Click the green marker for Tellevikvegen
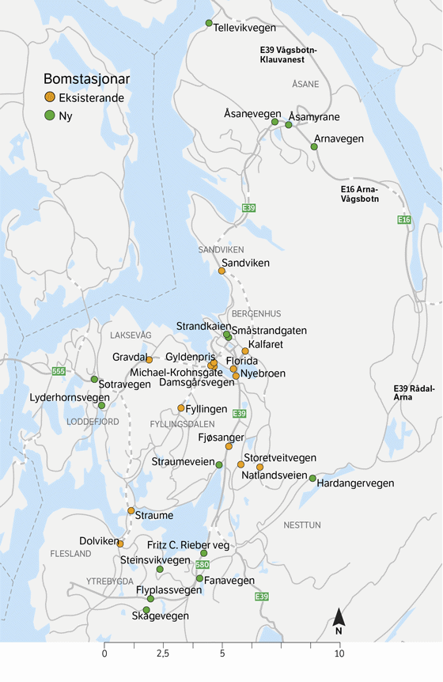[x=209, y=23]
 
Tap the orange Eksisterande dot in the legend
[x=49, y=97]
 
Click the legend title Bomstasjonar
[x=86, y=79]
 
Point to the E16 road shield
[x=404, y=219]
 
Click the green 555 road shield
[x=58, y=371]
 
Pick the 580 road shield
[x=203, y=565]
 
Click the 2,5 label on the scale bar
[x=163, y=654]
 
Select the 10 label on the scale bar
[x=339, y=654]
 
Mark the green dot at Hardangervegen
[x=312, y=478]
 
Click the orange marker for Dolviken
[x=120, y=544]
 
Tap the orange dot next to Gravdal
[x=149, y=359]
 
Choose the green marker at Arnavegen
[x=314, y=146]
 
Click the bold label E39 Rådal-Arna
[x=413, y=392]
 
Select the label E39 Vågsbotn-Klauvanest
[x=289, y=54]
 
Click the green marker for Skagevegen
[x=146, y=609]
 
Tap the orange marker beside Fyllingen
[x=181, y=408]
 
